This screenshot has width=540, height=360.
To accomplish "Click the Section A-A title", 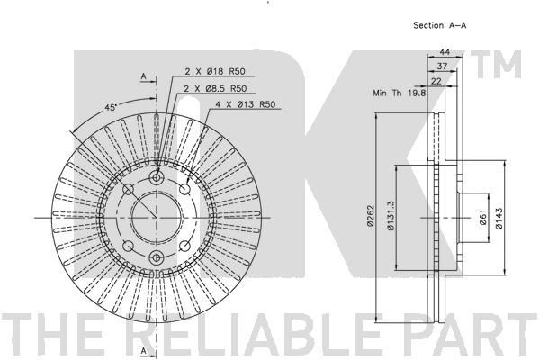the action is coord(440,25).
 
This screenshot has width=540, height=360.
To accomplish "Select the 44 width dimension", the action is coord(445,51).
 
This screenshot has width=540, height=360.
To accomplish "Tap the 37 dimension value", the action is coord(442,66).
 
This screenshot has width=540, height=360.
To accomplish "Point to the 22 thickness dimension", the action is coord(436,81).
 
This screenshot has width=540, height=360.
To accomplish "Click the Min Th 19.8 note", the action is coord(400,93).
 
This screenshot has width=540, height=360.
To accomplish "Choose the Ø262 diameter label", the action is coord(371,216).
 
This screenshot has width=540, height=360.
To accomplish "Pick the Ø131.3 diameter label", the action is coord(391,216).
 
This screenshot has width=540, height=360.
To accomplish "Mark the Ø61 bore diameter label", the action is coord(482,217).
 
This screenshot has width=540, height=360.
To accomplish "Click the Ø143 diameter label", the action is coord(499,219).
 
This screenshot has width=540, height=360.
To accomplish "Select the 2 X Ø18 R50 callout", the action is coord(215,71).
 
